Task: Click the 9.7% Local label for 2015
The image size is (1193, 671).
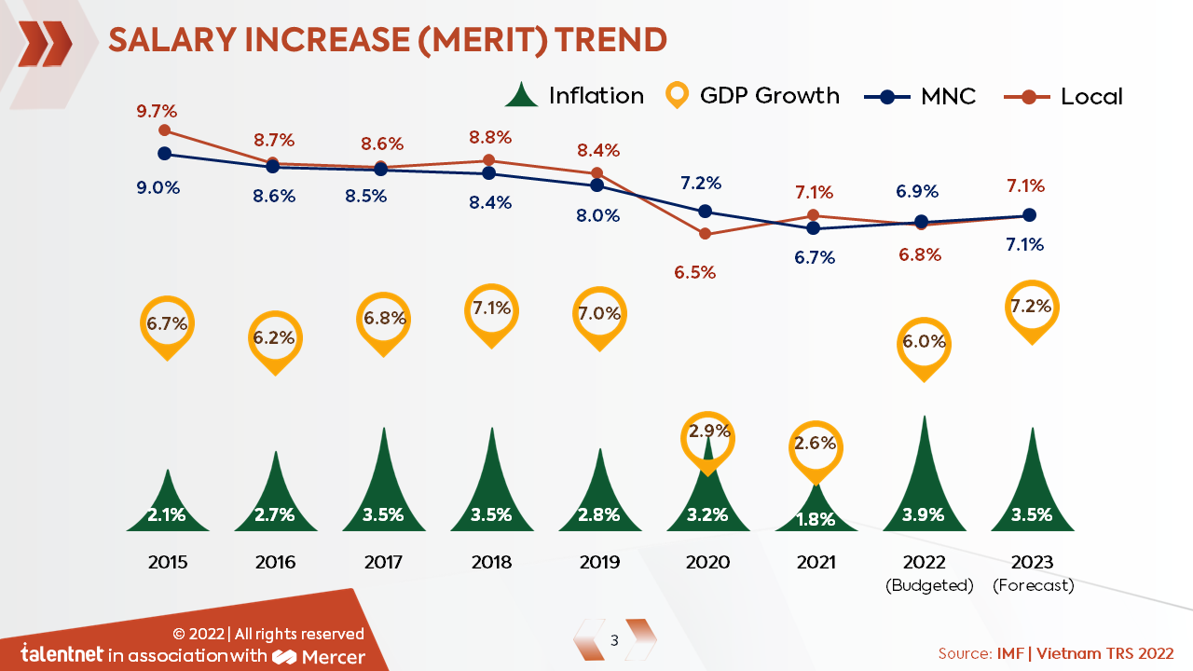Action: point(155,112)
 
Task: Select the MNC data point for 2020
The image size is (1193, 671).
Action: point(706,212)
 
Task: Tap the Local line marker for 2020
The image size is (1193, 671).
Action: point(706,234)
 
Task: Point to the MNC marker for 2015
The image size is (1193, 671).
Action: point(165,154)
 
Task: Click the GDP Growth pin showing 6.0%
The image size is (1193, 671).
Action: point(924,343)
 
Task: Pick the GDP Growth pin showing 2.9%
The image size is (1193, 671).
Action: point(708,433)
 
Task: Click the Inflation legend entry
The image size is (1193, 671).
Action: point(574,96)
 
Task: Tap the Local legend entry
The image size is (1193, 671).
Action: point(1063,96)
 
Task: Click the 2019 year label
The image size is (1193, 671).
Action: point(599,562)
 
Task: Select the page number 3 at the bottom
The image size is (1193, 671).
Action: point(614,640)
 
